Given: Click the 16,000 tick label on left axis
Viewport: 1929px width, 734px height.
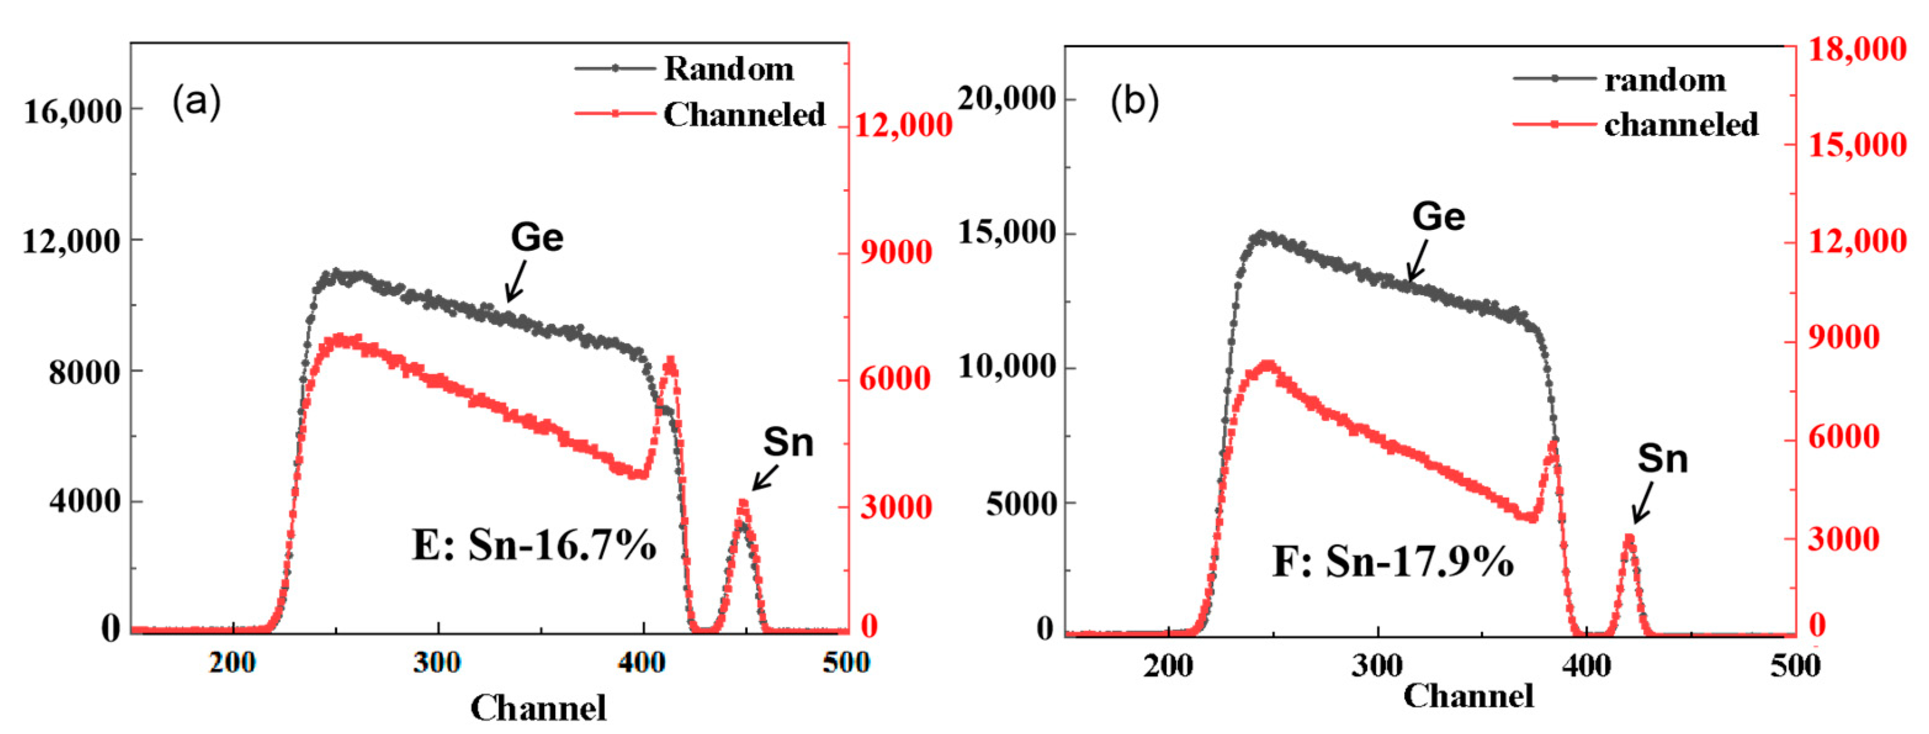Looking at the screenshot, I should [72, 112].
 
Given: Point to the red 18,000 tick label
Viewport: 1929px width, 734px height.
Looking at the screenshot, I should [1857, 49].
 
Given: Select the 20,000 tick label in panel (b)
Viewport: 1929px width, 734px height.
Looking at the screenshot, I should [1007, 98].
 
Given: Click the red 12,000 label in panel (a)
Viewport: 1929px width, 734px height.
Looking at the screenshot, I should [903, 125].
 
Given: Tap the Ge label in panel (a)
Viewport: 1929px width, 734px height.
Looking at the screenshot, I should [536, 237].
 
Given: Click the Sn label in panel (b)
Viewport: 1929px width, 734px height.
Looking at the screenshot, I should [1662, 459].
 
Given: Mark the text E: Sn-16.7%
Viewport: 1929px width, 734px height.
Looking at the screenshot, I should [534, 545].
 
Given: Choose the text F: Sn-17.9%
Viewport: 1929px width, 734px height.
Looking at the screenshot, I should [1392, 561].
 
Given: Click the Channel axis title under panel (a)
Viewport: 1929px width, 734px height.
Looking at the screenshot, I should [538, 707].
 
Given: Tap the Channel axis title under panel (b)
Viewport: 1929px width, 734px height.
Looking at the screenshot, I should [1468, 695].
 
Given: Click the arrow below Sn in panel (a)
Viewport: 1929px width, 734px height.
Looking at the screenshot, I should [765, 478].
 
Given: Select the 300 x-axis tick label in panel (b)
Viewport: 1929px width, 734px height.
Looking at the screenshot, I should [1376, 665].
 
